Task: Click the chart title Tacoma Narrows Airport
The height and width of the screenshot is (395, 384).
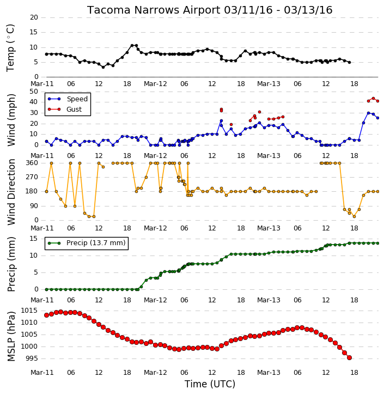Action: click(154, 10)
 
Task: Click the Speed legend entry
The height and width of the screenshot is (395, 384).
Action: click(68, 99)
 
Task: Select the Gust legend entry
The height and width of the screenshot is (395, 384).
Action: click(65, 110)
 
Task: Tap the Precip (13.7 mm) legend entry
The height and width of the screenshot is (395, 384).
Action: click(87, 243)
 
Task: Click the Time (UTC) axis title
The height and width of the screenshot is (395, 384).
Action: click(210, 384)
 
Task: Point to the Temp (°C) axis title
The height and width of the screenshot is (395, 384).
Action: click(10, 48)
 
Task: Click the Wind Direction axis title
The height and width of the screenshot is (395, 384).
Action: click(11, 192)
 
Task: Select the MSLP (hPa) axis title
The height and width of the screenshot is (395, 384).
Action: click(11, 336)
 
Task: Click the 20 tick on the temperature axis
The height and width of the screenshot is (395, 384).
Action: click(34, 17)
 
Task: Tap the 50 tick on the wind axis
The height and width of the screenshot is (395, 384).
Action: click(34, 91)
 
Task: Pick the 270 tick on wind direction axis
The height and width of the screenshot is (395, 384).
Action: click(32, 177)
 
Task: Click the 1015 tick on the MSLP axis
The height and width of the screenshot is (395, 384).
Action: click(29, 311)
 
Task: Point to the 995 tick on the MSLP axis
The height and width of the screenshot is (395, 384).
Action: click(32, 358)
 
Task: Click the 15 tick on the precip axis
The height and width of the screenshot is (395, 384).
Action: click(34, 239)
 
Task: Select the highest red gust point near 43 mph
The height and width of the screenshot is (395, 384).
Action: click(373, 99)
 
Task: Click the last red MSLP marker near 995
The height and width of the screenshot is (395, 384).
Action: click(349, 358)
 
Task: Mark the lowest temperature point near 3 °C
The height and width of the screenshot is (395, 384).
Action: click(103, 67)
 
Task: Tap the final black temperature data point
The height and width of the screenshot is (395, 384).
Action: click(349, 62)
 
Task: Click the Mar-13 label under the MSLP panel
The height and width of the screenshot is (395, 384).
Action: click(269, 372)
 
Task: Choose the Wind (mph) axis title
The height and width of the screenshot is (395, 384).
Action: click(11, 120)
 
